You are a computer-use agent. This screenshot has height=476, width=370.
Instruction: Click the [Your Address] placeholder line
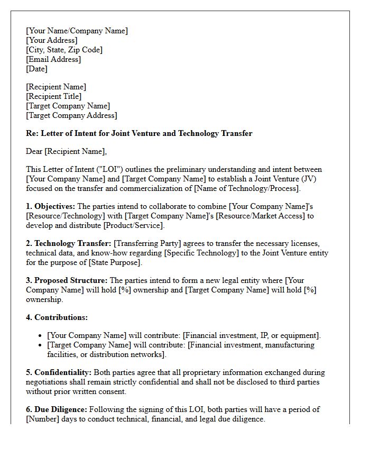click(51, 40)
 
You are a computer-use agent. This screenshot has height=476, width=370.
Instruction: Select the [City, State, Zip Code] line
click(64, 50)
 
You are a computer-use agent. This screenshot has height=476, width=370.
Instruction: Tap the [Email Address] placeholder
click(53, 59)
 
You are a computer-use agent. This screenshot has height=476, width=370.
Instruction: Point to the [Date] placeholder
click(36, 69)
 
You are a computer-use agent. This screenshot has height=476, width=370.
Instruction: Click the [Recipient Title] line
click(53, 96)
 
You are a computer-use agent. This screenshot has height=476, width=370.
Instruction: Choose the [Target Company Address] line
click(71, 115)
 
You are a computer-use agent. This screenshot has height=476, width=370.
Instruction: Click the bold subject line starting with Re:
click(139, 133)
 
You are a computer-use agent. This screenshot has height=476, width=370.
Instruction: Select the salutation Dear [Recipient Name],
click(66, 151)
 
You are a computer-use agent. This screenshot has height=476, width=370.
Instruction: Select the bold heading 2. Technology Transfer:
click(69, 243)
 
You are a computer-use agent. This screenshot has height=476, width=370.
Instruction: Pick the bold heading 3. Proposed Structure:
click(67, 280)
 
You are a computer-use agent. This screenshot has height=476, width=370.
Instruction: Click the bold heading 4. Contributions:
click(57, 317)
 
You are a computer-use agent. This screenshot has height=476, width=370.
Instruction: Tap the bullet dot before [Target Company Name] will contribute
click(41, 345)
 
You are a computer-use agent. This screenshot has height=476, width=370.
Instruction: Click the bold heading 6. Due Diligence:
click(57, 409)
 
